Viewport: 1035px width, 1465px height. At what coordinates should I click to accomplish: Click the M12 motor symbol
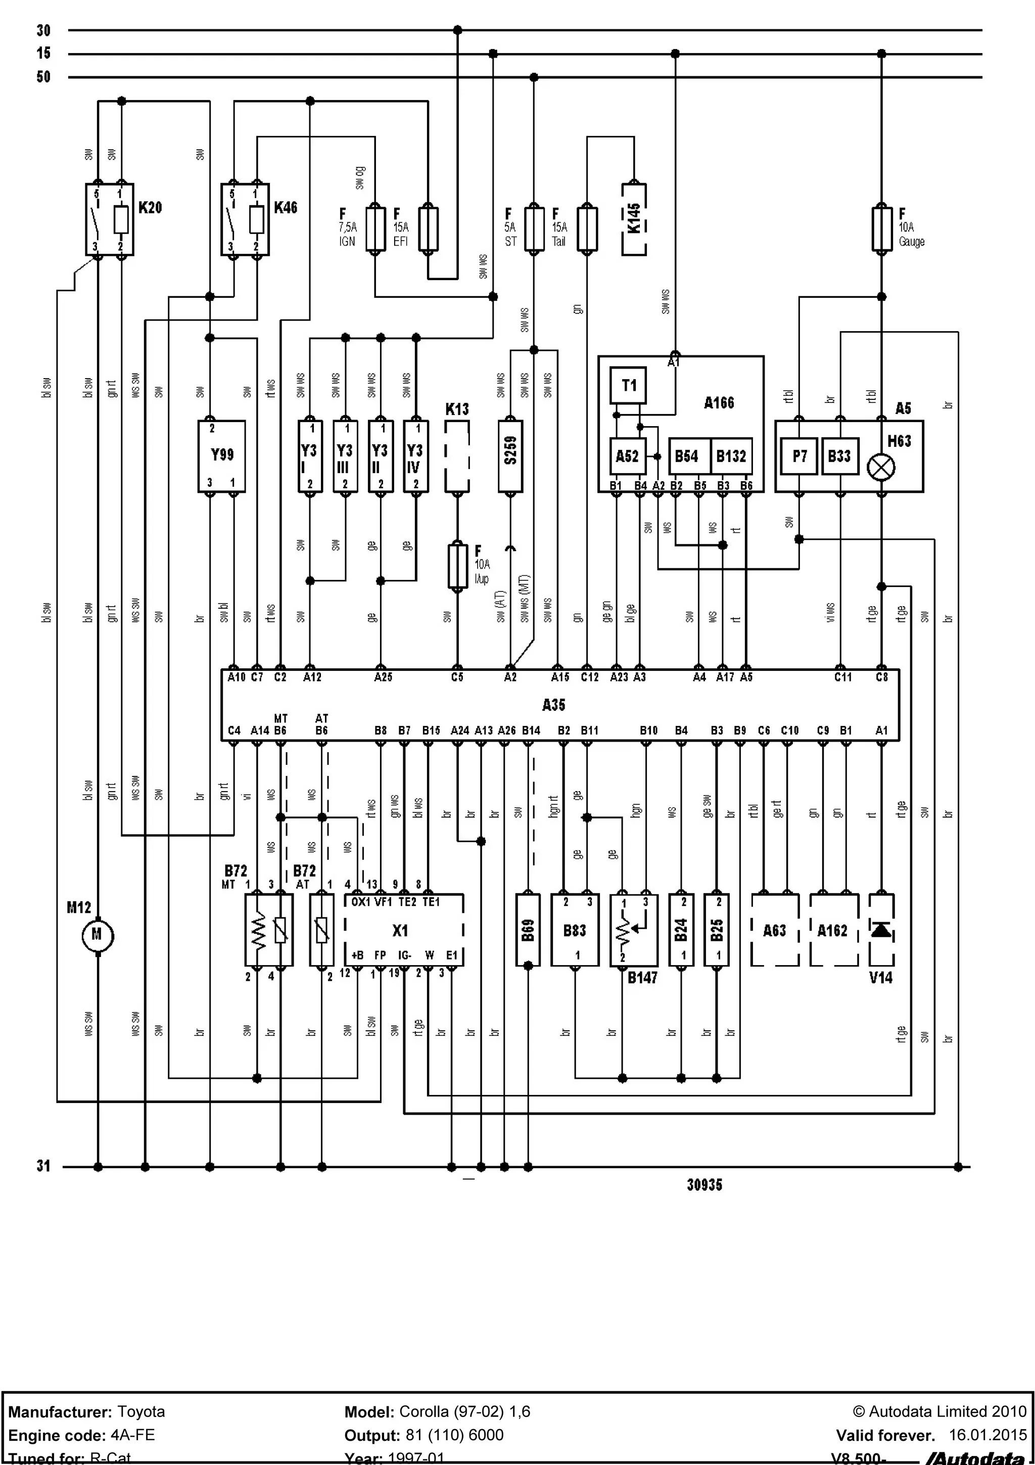pos(97,935)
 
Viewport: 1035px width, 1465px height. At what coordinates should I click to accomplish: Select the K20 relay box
pos(110,219)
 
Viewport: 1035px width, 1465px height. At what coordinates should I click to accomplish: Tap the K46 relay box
pos(245,219)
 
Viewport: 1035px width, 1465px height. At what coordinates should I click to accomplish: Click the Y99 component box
pos(221,455)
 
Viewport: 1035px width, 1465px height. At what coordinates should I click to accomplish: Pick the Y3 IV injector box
pos(415,455)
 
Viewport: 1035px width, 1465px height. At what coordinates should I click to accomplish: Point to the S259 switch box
pos(510,455)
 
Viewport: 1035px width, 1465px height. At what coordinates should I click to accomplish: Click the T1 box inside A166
pos(628,385)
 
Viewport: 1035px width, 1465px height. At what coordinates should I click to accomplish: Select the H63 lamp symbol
pos(881,467)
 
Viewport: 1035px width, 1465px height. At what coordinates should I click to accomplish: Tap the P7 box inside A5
pos(799,455)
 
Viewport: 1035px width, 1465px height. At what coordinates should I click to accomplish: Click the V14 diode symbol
pos(881,930)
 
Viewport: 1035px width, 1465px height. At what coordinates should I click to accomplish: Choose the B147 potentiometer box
pos(633,930)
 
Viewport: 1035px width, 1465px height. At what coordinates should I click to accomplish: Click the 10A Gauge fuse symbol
pos(881,228)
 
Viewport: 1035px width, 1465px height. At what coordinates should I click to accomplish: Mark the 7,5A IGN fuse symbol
pos(375,228)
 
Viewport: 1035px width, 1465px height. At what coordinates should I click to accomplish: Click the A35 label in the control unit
pos(553,704)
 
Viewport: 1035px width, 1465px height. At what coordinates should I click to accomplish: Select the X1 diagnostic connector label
pos(400,930)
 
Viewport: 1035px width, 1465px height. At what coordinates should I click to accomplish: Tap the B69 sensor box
pos(528,930)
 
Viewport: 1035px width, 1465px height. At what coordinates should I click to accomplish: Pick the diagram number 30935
pos(704,1185)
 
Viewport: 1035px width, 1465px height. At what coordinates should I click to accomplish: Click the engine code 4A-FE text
pos(132,1435)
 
